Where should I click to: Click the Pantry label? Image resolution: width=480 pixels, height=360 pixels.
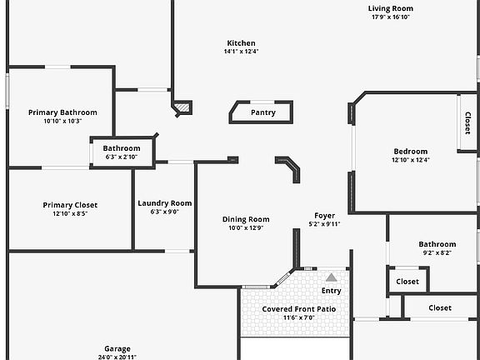pyautogui.click(x=263, y=112)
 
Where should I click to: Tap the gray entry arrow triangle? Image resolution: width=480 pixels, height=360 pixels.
pyautogui.click(x=331, y=277)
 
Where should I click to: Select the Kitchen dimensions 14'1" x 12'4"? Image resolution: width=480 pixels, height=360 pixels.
pyautogui.click(x=241, y=52)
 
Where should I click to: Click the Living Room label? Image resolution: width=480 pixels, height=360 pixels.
pyautogui.click(x=391, y=8)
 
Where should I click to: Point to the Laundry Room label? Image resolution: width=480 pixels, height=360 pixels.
pyautogui.click(x=165, y=203)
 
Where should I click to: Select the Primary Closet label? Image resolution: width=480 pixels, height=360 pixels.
pyautogui.click(x=70, y=205)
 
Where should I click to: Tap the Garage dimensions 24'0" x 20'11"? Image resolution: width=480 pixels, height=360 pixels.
pyautogui.click(x=117, y=357)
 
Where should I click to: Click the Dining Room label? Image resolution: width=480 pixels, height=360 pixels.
pyautogui.click(x=246, y=219)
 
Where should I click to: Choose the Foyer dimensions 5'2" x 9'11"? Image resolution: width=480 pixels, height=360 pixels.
pyautogui.click(x=324, y=224)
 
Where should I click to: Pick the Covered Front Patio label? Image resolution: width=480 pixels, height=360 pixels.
pyautogui.click(x=299, y=309)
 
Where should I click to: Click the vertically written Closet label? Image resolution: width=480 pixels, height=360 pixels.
pyautogui.click(x=467, y=123)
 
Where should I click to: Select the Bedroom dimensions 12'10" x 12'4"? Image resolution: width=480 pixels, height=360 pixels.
pyautogui.click(x=411, y=160)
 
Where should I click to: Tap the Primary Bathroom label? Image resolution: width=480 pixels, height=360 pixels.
pyautogui.click(x=62, y=112)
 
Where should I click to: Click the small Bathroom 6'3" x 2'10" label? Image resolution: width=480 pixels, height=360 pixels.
pyautogui.click(x=122, y=148)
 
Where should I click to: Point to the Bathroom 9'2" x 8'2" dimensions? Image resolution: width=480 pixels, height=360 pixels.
pyautogui.click(x=437, y=252)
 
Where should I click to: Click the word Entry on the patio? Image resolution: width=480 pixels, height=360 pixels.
pyautogui.click(x=331, y=291)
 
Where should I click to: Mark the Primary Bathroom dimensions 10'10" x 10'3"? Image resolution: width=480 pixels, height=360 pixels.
pyautogui.click(x=62, y=121)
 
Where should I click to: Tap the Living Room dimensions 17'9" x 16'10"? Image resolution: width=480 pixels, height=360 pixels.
pyautogui.click(x=391, y=17)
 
